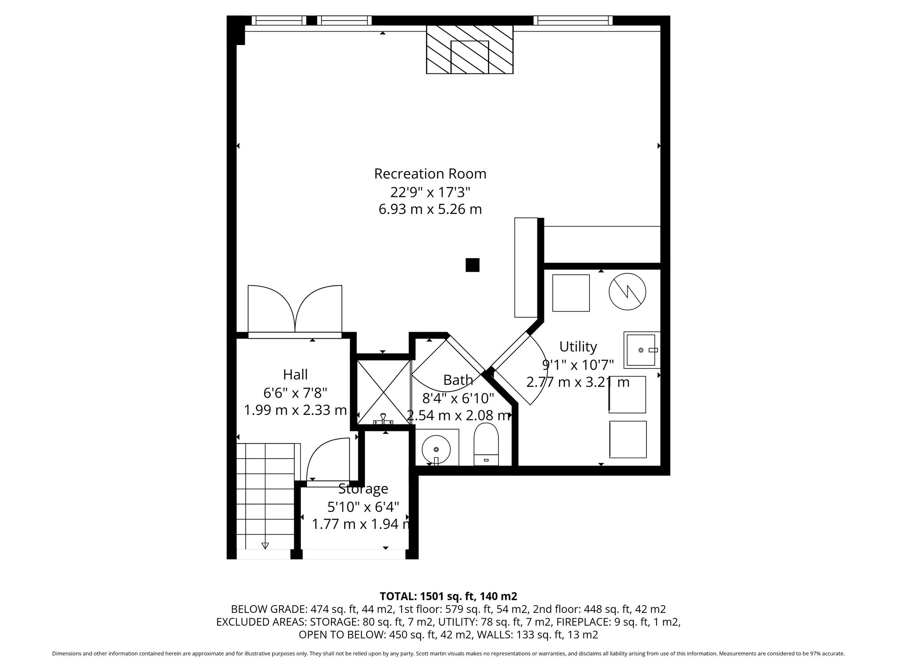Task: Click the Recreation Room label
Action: point(430,174)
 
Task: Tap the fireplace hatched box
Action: point(470,49)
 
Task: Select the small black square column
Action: point(472,265)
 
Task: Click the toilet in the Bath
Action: point(486,444)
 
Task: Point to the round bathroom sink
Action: point(436,449)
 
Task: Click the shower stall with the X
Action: point(384,392)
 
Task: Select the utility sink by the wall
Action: point(642,350)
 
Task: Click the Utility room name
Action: point(578,346)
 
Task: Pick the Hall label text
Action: point(295,374)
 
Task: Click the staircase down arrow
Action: point(265,545)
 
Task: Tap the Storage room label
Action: point(363,488)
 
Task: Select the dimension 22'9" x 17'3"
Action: point(430,192)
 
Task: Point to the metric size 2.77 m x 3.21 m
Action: point(578,382)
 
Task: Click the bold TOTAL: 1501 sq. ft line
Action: point(448,596)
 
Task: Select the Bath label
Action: point(458,380)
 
